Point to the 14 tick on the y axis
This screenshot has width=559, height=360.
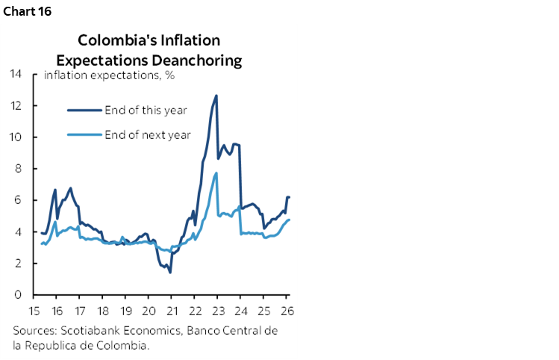[16, 74]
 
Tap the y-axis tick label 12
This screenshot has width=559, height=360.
[16, 105]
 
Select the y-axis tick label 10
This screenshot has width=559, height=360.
[16, 137]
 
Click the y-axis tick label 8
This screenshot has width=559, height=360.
[19, 169]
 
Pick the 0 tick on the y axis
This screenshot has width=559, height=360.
[19, 295]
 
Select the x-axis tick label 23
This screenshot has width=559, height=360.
[217, 310]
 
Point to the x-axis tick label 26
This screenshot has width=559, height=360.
[286, 310]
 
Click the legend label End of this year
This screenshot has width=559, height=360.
[146, 111]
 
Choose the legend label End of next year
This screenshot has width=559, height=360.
[148, 134]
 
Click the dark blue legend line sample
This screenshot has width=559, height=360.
[84, 111]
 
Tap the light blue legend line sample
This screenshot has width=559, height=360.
[84, 134]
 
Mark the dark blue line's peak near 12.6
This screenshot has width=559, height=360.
[216, 96]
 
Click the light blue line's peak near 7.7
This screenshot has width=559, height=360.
[216, 173]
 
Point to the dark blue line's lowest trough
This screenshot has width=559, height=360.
[170, 272]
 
